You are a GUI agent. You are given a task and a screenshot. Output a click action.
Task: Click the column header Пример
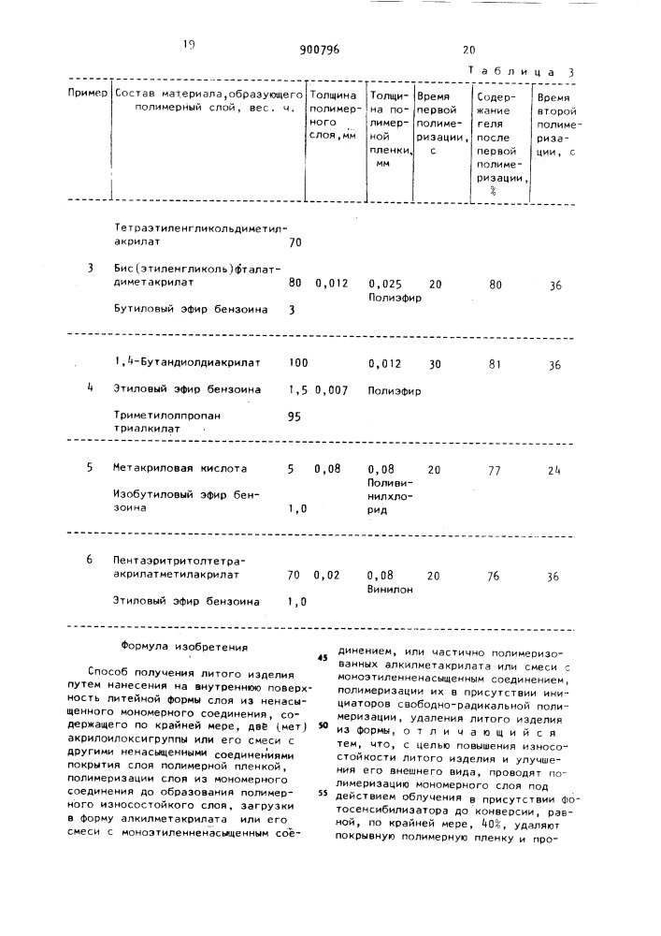click(88, 95)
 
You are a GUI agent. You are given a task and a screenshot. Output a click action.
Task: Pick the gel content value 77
click(495, 471)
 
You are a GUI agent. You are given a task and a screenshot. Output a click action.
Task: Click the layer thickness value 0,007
click(334, 388)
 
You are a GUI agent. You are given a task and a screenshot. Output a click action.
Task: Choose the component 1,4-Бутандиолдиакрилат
click(187, 361)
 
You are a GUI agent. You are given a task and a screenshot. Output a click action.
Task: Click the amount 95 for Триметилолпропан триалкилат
click(294, 417)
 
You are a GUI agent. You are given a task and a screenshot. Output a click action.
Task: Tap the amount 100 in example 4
click(298, 361)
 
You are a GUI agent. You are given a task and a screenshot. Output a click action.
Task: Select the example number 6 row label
click(90, 559)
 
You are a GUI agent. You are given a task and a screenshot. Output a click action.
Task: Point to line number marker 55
click(322, 766)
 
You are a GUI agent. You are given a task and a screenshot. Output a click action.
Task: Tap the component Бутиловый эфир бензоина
click(190, 307)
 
